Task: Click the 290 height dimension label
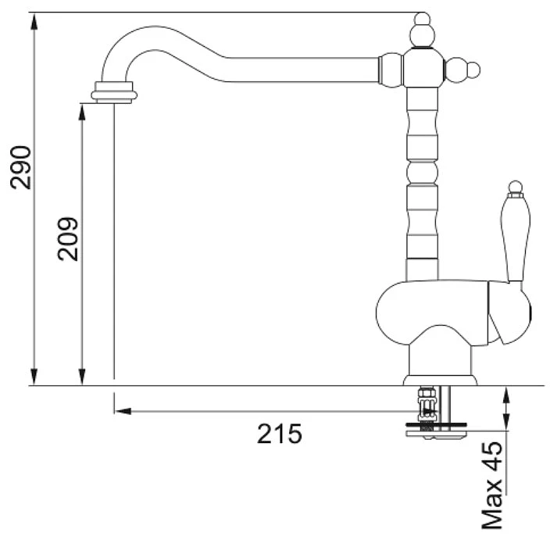point(20,167)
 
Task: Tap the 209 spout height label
point(68,239)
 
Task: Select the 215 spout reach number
point(279,434)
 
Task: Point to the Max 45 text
point(491,485)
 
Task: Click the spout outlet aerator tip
point(114,92)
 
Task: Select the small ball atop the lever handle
point(516,187)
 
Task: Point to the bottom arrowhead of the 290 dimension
point(34,377)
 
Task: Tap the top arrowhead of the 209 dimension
point(82,113)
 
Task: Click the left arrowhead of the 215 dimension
point(123,411)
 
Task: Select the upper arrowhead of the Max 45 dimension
point(505,395)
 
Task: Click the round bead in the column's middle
point(423,172)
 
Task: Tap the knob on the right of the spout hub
point(462,70)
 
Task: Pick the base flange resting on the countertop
point(440,380)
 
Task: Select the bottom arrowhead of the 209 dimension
point(82,377)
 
